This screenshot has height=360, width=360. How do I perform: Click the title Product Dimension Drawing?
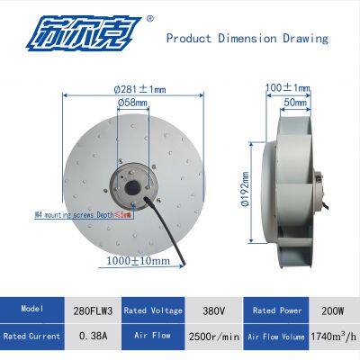pyautogui.click(x=247, y=40)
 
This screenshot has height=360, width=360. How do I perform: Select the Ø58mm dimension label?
pyautogui.click(x=133, y=103)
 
